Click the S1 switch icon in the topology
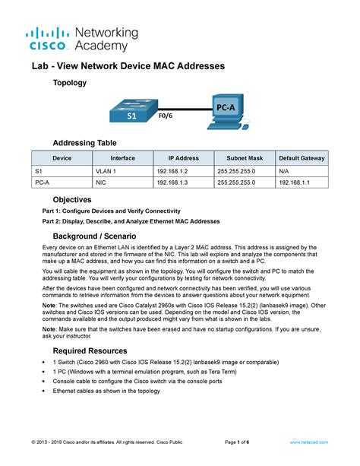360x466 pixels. click(131, 109)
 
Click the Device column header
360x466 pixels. click(62, 158)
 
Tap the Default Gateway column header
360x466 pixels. click(302, 158)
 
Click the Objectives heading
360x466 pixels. click(80, 199)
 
